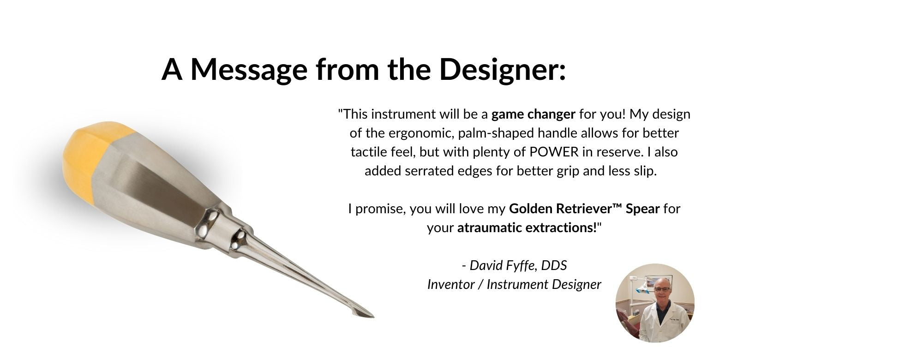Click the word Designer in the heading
502,69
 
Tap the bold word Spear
643,209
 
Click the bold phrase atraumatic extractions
527,228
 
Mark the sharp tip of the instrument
373,317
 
